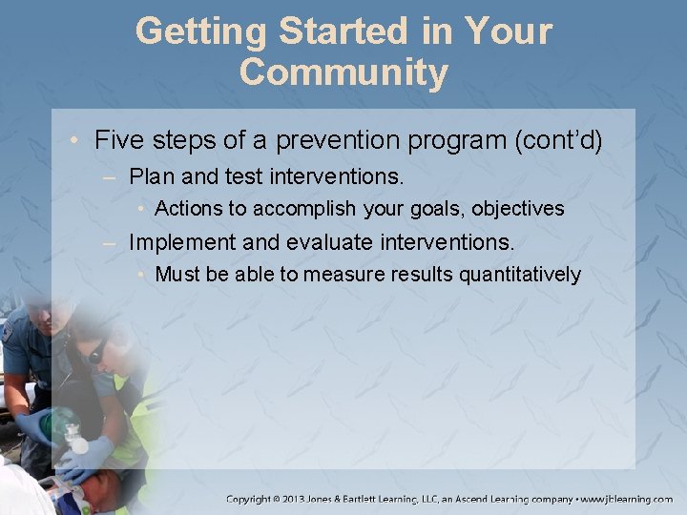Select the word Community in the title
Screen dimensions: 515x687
pyautogui.click(x=343, y=72)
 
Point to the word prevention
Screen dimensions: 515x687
pyautogui.click(x=332, y=140)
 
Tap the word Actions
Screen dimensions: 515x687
pyautogui.click(x=191, y=208)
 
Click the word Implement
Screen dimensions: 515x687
pyautogui.click(x=178, y=241)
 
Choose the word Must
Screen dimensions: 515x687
pyautogui.click(x=177, y=275)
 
